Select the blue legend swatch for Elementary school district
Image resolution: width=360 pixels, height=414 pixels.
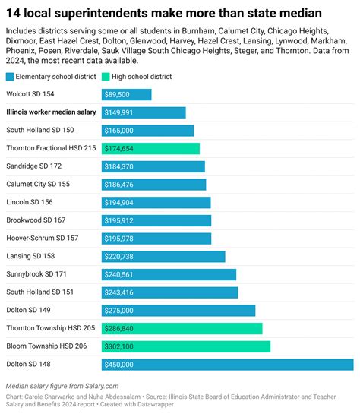tap(9, 77)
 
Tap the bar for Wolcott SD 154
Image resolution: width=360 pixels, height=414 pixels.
tap(126, 94)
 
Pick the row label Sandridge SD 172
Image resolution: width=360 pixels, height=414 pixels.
tap(33, 166)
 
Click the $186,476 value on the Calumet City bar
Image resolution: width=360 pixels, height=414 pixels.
tap(120, 185)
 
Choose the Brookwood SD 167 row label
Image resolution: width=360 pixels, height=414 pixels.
tap(36, 220)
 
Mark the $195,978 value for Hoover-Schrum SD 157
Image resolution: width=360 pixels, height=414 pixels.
tap(120, 239)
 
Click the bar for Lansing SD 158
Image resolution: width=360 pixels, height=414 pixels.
tap(163, 256)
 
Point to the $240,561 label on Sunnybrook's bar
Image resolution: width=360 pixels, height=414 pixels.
tap(120, 274)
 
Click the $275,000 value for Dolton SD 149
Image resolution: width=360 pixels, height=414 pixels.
tap(120, 310)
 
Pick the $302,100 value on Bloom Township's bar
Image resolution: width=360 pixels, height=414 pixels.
tap(120, 346)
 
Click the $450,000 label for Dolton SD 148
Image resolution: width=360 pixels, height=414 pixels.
tap(120, 364)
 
